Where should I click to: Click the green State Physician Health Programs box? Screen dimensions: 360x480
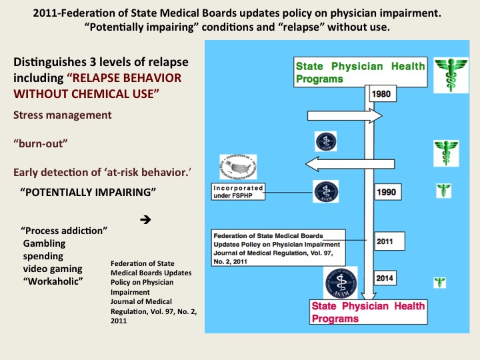point(360,72)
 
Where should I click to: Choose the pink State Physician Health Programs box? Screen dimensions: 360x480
point(360,312)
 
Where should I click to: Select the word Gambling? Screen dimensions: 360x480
point(45,243)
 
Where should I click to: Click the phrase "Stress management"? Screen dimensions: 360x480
point(62,115)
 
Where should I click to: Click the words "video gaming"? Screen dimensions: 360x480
point(53,269)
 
